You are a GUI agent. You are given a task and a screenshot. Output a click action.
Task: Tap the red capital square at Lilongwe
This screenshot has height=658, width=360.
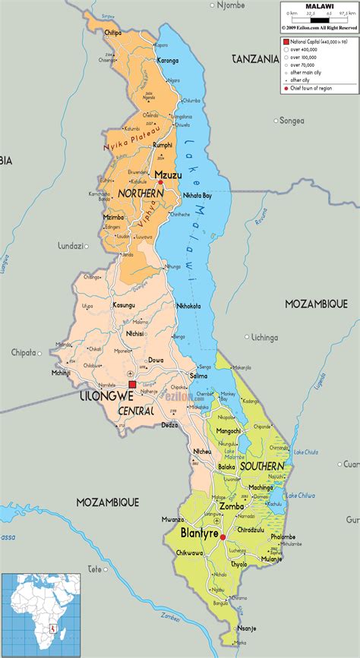click(x=132, y=385)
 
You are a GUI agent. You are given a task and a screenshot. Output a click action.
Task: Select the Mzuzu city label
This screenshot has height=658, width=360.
click(x=168, y=175)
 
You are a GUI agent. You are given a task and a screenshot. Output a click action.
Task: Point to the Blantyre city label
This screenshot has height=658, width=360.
click(x=199, y=534)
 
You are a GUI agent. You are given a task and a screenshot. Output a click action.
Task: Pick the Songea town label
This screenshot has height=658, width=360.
click(x=291, y=120)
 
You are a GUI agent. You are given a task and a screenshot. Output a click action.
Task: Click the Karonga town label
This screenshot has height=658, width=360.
click(x=168, y=60)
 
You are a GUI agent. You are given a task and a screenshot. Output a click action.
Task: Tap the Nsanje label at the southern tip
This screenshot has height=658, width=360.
click(x=247, y=628)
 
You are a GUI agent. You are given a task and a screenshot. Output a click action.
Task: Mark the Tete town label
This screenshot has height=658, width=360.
click(x=94, y=568)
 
